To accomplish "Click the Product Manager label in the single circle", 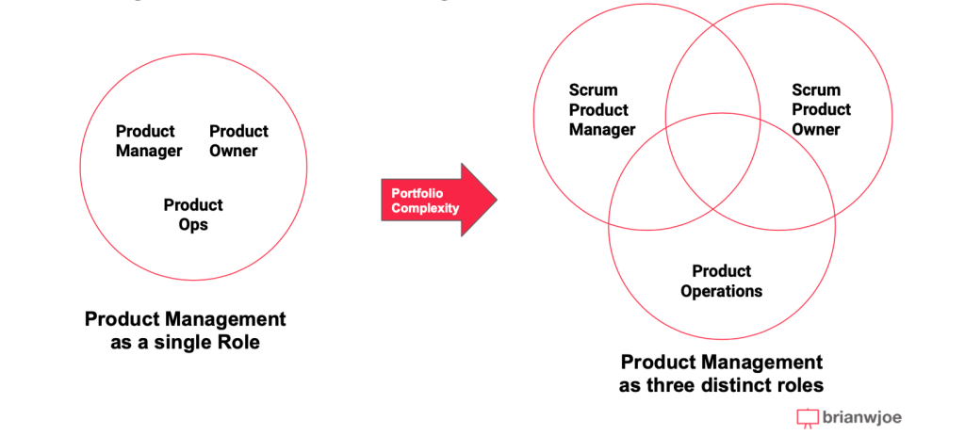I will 148,141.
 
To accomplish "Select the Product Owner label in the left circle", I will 238,141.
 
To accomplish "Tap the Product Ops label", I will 193,215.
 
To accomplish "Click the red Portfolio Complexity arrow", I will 437,200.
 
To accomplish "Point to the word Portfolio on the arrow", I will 417,193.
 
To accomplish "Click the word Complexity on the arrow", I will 425,207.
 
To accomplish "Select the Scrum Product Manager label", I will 601,110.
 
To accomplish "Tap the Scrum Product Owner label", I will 821,110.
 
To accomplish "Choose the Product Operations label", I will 721,282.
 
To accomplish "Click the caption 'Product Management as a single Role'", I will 185,330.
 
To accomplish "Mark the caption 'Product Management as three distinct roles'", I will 721,374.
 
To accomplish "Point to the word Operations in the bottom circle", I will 721,291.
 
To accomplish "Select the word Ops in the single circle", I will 193,225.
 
